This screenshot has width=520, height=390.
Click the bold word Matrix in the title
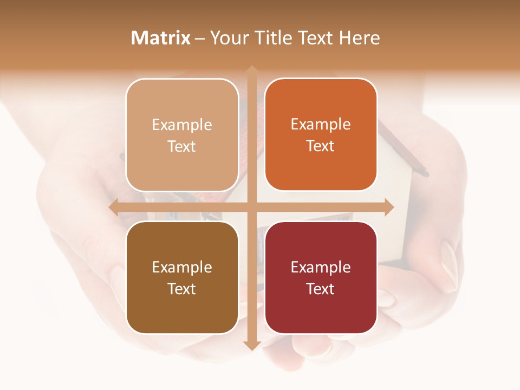pos(161,38)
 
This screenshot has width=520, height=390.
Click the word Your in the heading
pos(228,38)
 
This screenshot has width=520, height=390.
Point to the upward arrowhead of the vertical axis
pos(251,70)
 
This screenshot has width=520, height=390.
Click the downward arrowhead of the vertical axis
pos(251,346)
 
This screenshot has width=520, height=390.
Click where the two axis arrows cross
pos(251,207)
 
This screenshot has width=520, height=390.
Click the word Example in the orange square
pos(321,125)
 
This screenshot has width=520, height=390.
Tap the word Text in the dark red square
pos(321,289)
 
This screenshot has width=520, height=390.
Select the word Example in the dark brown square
pos(182,267)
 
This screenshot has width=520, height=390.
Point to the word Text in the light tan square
pos(182,147)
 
